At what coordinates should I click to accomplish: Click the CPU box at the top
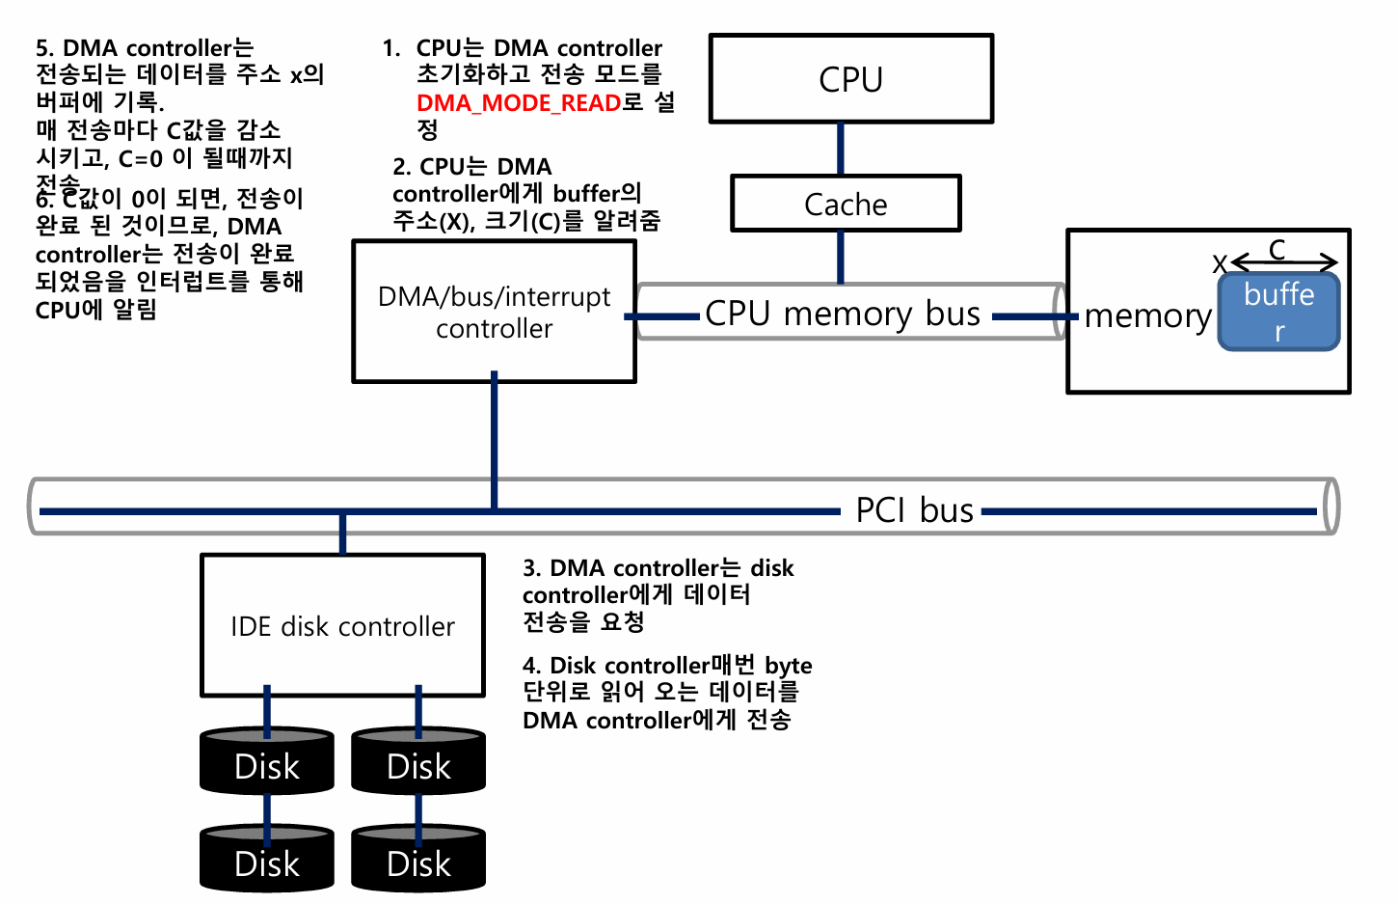(x=850, y=79)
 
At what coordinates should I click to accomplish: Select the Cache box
(x=846, y=204)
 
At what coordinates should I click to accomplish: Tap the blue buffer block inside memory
(x=1278, y=311)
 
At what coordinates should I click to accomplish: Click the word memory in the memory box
(x=1147, y=316)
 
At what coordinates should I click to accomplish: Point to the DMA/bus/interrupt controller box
(x=494, y=312)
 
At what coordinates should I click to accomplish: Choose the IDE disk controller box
(x=342, y=625)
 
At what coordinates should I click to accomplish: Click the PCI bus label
(x=914, y=509)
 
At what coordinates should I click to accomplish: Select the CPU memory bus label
(x=843, y=314)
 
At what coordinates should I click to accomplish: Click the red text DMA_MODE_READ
(x=519, y=103)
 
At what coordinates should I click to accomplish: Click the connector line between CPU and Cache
(x=841, y=149)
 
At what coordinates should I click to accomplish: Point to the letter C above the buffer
(x=1277, y=250)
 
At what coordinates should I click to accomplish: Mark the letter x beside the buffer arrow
(x=1220, y=262)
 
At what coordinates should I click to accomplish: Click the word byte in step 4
(x=788, y=666)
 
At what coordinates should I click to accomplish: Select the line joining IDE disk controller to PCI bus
(x=342, y=534)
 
